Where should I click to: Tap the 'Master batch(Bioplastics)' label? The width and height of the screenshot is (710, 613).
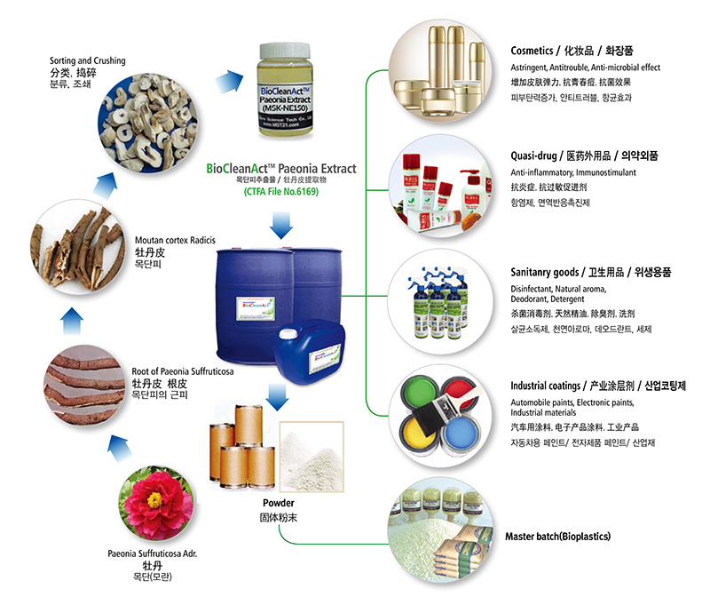pyautogui.click(x=557, y=537)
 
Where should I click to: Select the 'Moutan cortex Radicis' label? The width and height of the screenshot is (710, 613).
pyautogui.click(x=175, y=241)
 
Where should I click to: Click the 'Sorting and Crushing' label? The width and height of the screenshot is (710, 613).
pyautogui.click(x=88, y=60)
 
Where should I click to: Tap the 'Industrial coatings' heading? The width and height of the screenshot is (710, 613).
pyautogui.click(x=548, y=386)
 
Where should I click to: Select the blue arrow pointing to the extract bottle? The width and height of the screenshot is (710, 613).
pyautogui.click(x=225, y=83)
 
